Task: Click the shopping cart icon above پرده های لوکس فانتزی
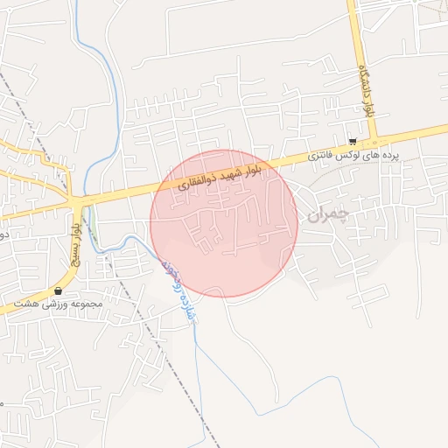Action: coord(352,141)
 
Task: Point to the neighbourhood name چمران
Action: coord(328,214)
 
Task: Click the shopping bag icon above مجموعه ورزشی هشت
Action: coord(59,290)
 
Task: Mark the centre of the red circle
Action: coord(224,223)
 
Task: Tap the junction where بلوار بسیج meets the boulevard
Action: coord(80,203)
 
